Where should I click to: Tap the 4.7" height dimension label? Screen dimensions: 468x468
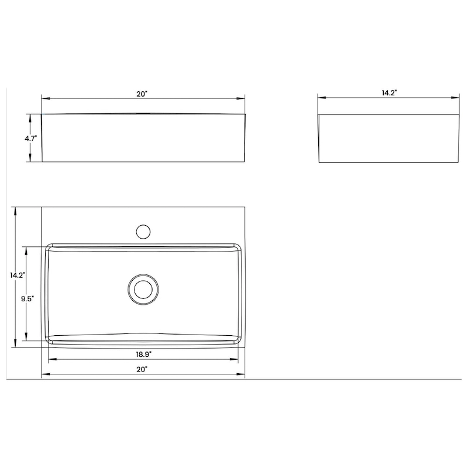point(31,139)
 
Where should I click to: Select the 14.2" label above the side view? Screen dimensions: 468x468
point(389,92)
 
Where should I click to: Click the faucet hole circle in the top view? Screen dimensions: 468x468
point(142,230)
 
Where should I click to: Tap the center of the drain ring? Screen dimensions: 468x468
point(142,289)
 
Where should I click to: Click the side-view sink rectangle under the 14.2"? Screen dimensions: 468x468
point(389,138)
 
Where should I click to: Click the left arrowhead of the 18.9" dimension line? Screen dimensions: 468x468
point(50,359)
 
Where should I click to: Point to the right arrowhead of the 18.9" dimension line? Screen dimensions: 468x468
point(238,359)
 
